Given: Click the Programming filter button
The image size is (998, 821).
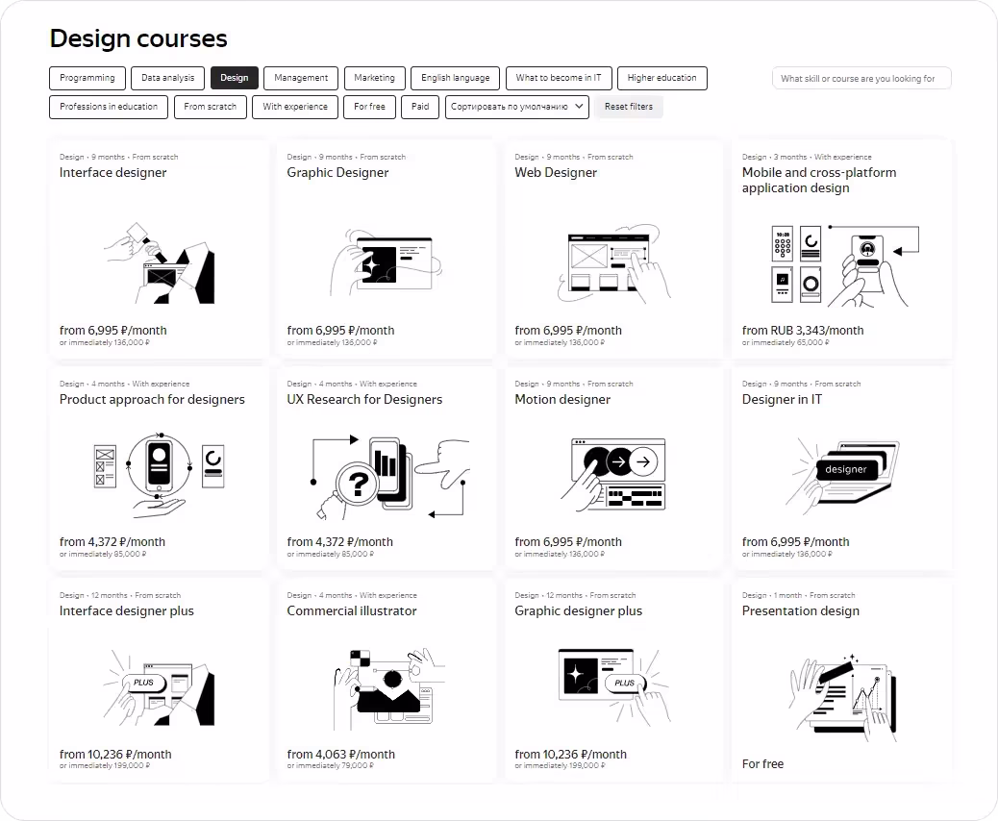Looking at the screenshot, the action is click(x=87, y=78).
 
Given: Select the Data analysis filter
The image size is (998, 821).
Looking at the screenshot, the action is click(x=167, y=78).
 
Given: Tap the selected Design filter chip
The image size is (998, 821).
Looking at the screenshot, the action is click(x=235, y=78).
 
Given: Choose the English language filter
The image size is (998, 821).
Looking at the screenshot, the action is click(x=455, y=78).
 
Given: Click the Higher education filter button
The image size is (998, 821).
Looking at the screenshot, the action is click(x=661, y=78).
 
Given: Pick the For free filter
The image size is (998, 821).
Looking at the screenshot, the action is click(x=369, y=107).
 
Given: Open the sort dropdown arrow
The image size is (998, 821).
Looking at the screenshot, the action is click(x=579, y=107).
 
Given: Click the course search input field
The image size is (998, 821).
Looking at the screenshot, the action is click(x=861, y=78).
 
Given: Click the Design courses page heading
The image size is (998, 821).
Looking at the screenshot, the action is click(x=138, y=38).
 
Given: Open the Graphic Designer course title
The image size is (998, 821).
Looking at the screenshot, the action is click(x=337, y=172).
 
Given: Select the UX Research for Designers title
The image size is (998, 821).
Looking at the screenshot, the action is click(x=364, y=399).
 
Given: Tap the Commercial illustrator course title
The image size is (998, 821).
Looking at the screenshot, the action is click(x=351, y=611).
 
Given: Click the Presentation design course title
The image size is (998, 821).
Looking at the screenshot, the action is click(x=800, y=611).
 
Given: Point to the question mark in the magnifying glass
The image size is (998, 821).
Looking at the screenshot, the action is click(x=359, y=485).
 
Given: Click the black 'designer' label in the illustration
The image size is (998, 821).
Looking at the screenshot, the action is click(x=846, y=469).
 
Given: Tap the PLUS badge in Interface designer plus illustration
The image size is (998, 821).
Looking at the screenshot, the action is click(x=144, y=683).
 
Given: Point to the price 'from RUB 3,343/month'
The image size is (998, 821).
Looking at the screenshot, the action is click(x=803, y=331).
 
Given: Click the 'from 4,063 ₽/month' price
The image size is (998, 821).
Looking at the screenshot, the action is click(x=340, y=754).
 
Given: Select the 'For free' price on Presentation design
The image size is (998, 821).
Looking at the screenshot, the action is click(x=762, y=763).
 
